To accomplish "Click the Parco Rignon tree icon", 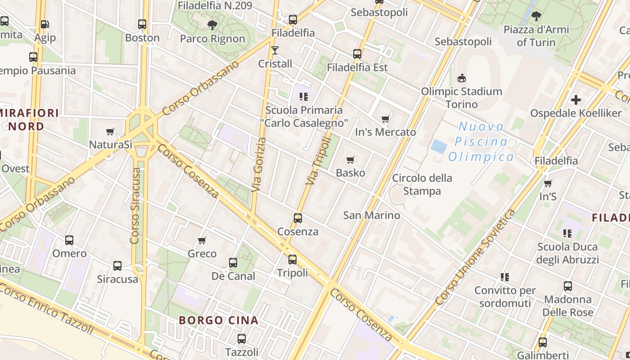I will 212,25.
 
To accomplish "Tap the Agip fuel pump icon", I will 45,24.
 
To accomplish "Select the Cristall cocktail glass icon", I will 275,50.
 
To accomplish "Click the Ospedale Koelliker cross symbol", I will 576,99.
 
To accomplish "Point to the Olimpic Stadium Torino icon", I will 461,78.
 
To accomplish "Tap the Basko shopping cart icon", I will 351,160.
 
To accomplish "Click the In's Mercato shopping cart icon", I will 385,119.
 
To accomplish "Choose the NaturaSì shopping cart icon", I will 110,131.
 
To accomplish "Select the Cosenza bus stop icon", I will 297,218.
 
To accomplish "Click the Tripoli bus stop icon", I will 292,259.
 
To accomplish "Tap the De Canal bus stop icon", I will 233,262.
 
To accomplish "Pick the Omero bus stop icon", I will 69,240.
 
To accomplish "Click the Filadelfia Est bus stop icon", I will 357,54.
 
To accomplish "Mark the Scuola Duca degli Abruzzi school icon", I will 567,233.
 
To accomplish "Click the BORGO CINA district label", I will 218,320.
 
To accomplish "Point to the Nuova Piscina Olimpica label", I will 481,142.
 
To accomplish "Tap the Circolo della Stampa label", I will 422,184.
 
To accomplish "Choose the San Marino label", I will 371,215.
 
